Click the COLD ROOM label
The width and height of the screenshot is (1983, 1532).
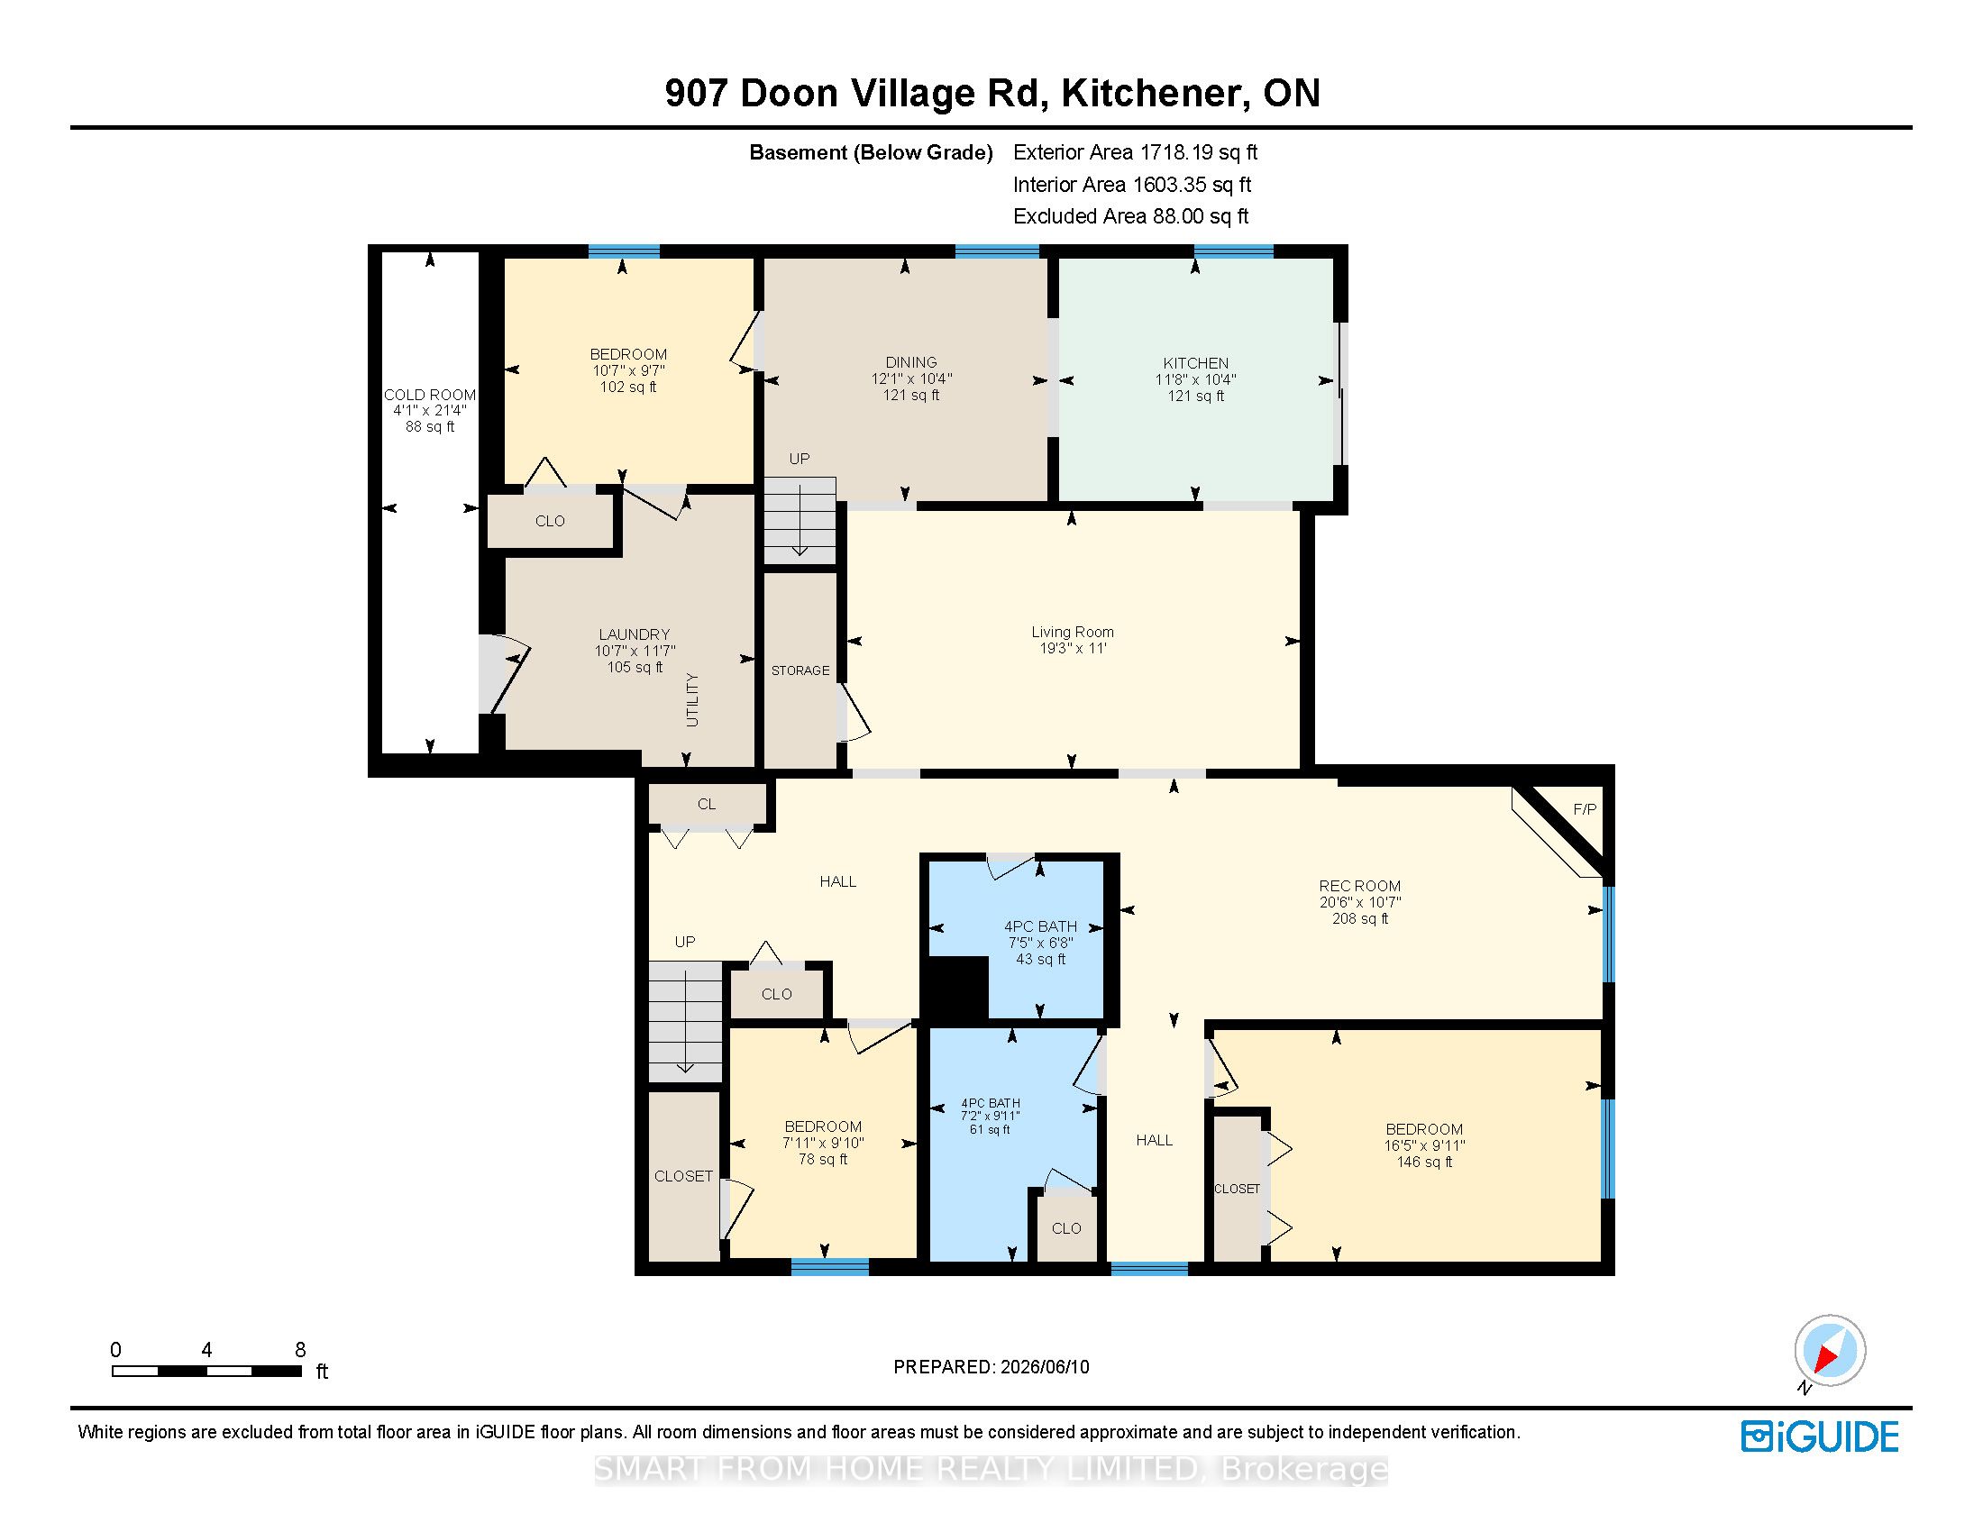429,395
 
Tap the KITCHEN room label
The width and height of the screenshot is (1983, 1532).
1196,363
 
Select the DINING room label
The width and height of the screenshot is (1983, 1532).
911,362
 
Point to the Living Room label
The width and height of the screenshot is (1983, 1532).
1073,632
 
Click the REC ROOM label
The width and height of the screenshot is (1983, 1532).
1360,886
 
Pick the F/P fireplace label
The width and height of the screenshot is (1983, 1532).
1585,809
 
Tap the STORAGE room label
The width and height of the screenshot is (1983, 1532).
800,670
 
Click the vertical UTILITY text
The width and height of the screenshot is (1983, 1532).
693,699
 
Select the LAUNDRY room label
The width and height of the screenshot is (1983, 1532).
635,634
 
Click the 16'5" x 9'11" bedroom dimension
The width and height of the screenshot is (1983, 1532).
1424,1145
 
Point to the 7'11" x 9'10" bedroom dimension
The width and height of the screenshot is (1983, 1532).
824,1143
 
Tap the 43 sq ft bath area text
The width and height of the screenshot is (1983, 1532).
1040,960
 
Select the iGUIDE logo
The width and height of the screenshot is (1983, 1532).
1820,1436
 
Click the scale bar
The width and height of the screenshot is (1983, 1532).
207,1372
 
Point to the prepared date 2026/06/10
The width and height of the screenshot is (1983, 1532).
1043,1367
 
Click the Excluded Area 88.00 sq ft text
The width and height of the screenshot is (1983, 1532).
1131,216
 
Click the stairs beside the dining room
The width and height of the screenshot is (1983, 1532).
799,521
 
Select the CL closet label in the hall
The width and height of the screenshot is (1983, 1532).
707,804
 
